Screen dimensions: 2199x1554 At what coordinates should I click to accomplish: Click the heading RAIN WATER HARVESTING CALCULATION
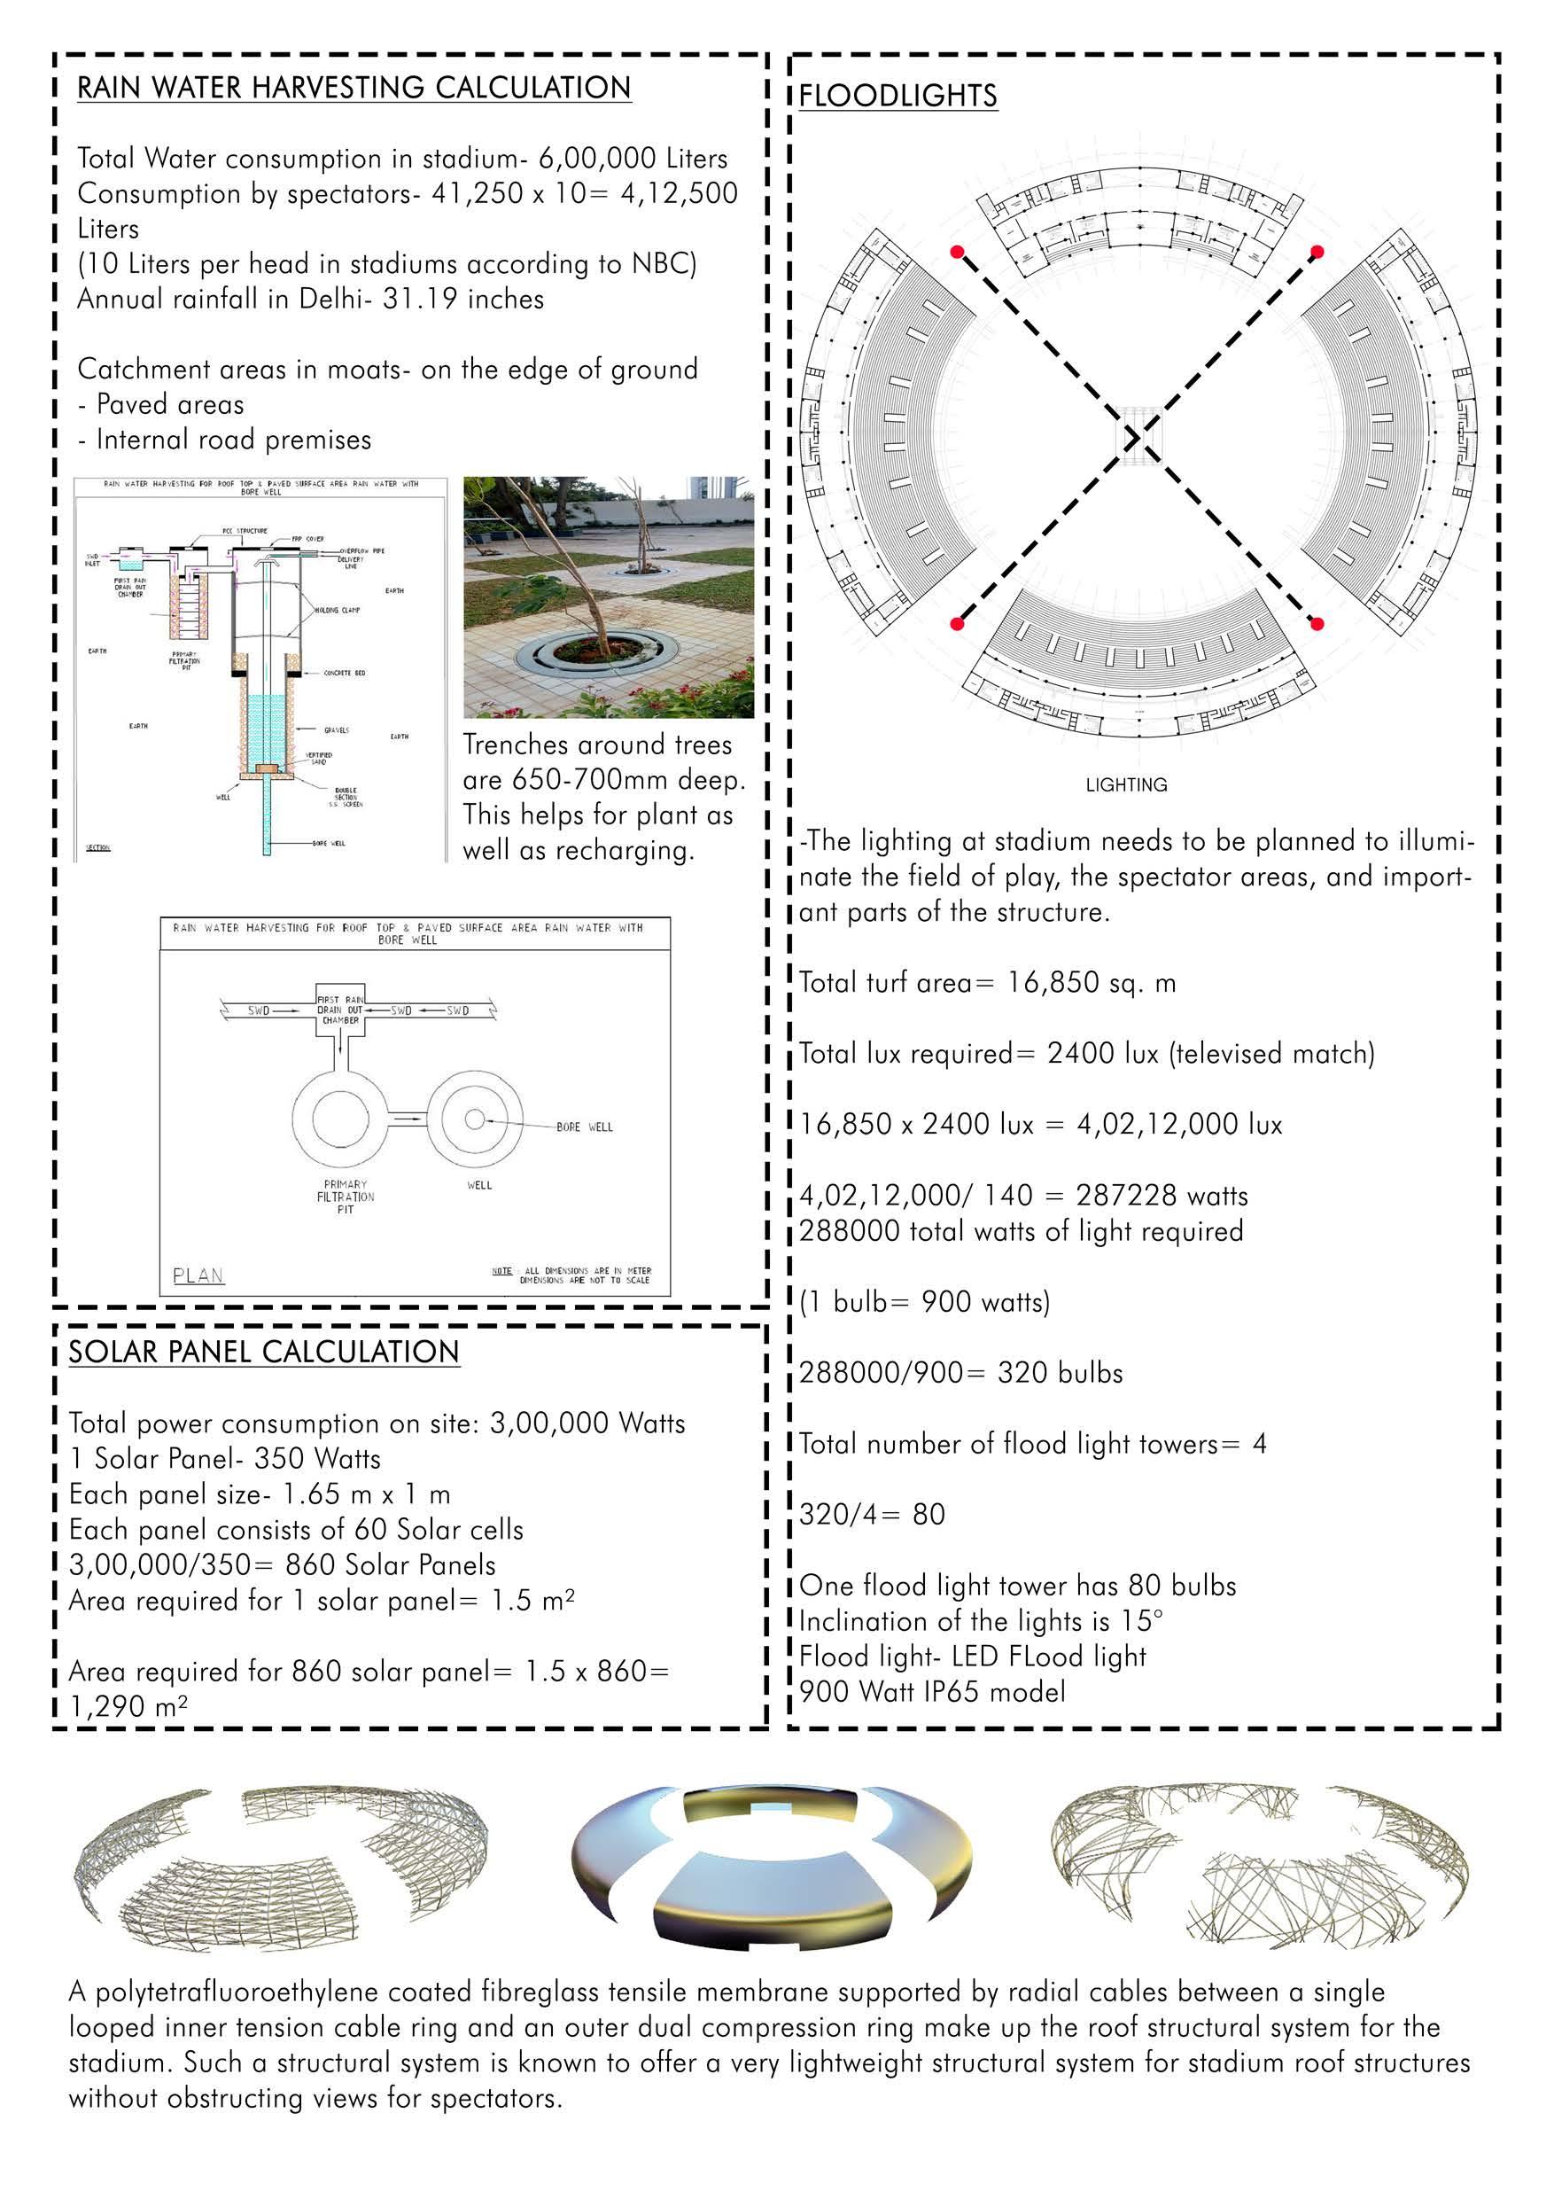click(354, 88)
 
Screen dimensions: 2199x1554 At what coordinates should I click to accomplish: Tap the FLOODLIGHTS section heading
click(897, 96)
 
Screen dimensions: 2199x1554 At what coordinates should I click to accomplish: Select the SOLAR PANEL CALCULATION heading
click(263, 1352)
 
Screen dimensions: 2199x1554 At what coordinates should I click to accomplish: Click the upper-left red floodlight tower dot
click(957, 252)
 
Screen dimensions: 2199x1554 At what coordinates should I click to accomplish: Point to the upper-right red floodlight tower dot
click(1317, 252)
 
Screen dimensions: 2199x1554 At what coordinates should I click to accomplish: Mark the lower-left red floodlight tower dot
click(957, 625)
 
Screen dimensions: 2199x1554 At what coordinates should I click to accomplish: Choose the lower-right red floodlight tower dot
click(1317, 625)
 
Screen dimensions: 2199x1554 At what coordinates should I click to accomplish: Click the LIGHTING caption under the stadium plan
click(1126, 784)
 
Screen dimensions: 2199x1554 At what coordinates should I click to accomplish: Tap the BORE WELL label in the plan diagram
click(584, 1127)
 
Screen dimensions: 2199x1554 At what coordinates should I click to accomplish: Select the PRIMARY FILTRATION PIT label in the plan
click(346, 1197)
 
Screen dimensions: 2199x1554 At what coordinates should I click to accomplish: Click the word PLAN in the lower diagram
click(198, 1275)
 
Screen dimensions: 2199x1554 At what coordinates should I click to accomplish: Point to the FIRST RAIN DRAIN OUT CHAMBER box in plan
click(340, 1010)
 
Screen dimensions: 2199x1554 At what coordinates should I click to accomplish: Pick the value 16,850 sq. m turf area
click(1091, 983)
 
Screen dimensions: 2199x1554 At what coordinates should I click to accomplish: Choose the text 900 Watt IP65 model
click(932, 1691)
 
